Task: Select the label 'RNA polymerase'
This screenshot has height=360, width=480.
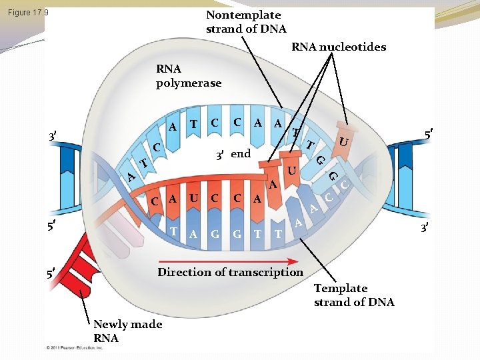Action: coord(188,75)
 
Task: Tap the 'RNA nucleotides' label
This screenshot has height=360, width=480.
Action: coord(339,47)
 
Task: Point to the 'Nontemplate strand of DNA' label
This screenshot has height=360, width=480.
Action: coord(245,21)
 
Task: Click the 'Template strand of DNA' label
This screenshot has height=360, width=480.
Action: coord(353,295)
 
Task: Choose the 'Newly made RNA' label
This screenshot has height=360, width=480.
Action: coord(127,331)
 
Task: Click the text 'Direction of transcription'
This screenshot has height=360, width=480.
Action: coord(229,271)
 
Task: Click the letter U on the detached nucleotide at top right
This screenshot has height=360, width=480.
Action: coord(342,141)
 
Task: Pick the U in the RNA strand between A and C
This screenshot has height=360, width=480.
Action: coord(193,198)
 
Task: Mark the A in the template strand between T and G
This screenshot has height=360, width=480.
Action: coord(193,233)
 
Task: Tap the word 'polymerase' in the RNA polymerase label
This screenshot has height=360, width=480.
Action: coord(188,83)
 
